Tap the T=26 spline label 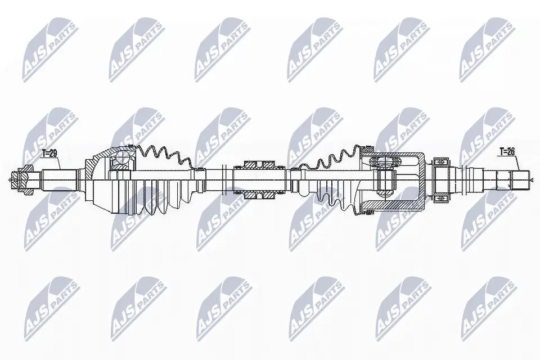pos(508,151)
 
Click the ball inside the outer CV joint pos(119,164)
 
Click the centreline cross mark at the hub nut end pos(11,180)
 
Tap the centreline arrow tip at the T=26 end pos(531,180)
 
